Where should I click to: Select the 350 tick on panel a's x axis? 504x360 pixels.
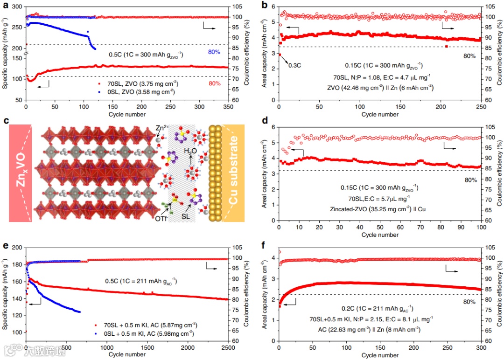pos(228,107)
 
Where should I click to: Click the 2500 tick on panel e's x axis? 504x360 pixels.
pos(228,348)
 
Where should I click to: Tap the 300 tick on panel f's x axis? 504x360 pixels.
pos(480,348)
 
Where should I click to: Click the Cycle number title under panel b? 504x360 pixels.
pos(379,114)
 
